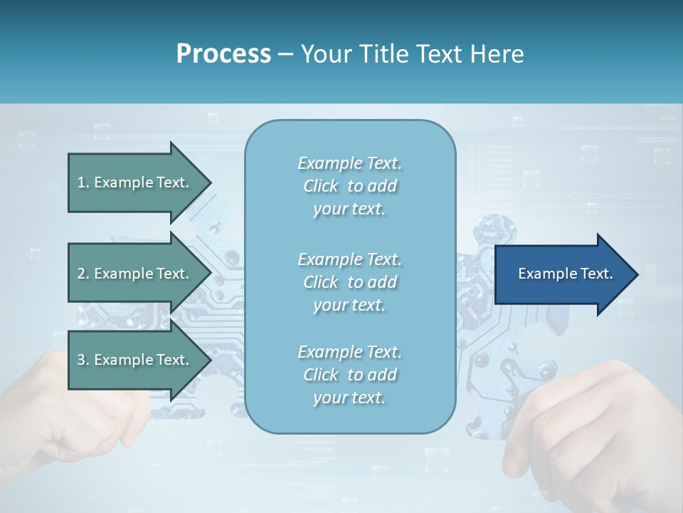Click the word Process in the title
(223, 54)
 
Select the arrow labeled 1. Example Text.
(133, 182)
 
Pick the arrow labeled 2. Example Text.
(133, 274)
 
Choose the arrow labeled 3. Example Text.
(133, 360)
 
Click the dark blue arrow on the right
(562, 274)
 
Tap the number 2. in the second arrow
(83, 274)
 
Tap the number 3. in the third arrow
(83, 360)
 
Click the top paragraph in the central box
(350, 186)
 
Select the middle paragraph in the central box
(350, 281)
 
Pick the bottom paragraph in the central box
(350, 375)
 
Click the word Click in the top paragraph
(320, 186)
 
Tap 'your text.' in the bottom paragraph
(349, 398)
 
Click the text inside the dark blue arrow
(565, 274)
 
